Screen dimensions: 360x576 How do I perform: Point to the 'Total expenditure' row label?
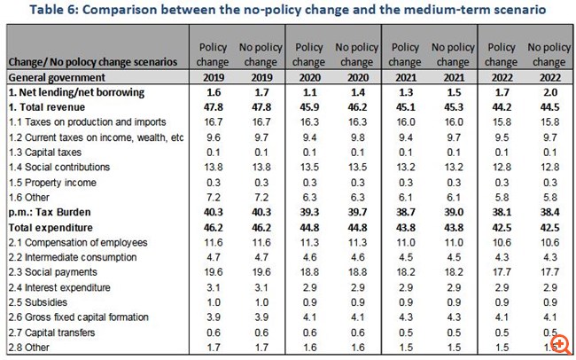click(51, 228)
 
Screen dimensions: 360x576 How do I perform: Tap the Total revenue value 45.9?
click(308, 107)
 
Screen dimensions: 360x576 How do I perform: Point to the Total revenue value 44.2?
click(501, 107)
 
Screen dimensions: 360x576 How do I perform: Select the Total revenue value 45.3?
click(450, 107)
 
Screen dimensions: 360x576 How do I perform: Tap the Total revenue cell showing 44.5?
click(547, 107)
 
